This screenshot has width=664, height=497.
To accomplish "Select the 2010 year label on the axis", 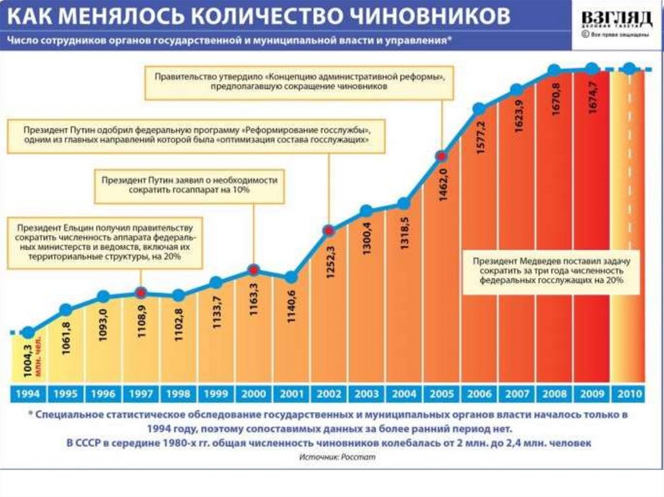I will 628,393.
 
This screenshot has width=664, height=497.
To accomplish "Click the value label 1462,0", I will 444,187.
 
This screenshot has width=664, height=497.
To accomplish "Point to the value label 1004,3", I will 27,359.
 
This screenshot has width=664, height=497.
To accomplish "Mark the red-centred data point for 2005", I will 442,156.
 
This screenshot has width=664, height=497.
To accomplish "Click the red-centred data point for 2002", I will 329,230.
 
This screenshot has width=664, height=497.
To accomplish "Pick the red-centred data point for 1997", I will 141,292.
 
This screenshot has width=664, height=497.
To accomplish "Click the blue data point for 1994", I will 28,332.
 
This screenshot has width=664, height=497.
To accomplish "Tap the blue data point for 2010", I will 628,69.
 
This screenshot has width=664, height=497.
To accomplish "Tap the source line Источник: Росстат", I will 337,457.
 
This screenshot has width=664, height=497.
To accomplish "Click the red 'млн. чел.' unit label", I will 40,354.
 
